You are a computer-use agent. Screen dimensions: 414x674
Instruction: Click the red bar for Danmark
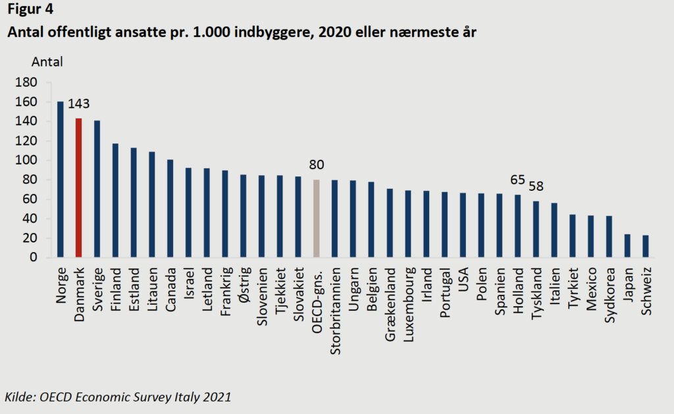[79, 188]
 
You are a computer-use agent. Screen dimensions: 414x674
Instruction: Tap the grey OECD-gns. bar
[316, 219]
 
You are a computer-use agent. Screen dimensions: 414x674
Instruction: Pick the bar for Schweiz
[646, 246]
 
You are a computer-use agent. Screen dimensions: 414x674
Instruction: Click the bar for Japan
[627, 246]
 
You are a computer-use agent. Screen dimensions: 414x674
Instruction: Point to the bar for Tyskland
[536, 229]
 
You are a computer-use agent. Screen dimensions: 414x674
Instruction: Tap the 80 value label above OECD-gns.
[316, 165]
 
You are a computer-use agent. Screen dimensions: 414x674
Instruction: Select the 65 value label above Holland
[518, 180]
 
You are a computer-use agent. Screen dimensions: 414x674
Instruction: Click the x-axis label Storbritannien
[334, 301]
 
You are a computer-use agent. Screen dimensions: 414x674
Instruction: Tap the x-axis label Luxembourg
[408, 297]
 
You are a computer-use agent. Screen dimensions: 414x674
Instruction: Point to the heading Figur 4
[30, 10]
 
